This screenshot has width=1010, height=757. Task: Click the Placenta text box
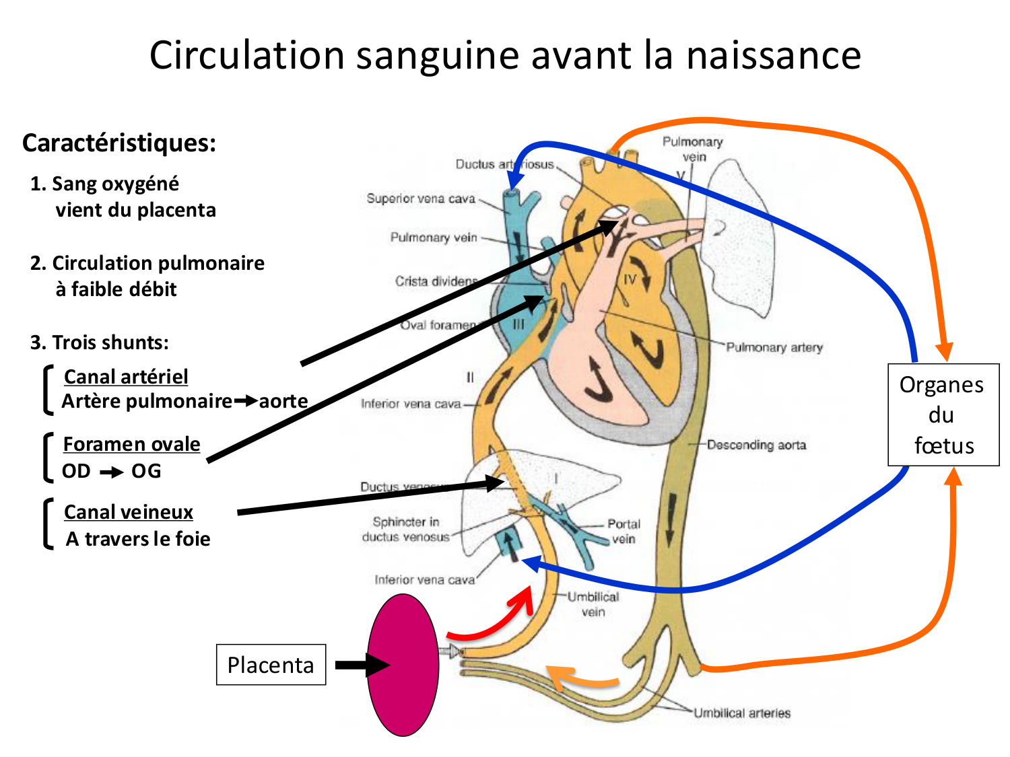coord(271,665)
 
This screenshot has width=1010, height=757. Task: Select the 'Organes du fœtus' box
coord(943,414)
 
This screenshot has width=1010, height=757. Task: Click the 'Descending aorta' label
coord(756,445)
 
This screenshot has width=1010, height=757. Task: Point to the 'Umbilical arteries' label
coord(742,713)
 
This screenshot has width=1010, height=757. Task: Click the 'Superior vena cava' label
coord(421,199)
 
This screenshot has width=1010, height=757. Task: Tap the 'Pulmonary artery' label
coord(774,347)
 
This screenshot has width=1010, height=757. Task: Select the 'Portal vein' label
coord(624,531)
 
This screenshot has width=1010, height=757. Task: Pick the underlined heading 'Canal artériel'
coord(126,376)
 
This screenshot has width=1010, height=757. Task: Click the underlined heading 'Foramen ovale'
coord(131,444)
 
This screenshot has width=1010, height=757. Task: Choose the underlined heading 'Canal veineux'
coord(129,512)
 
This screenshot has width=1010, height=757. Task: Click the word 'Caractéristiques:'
coord(119,143)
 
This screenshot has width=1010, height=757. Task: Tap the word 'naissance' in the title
coord(773,55)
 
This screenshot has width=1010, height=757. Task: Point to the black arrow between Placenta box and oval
coord(360,665)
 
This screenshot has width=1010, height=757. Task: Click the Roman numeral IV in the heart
coord(630,280)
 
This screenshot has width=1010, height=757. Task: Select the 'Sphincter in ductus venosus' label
coord(405,529)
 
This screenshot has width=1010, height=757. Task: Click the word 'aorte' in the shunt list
coord(283,401)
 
